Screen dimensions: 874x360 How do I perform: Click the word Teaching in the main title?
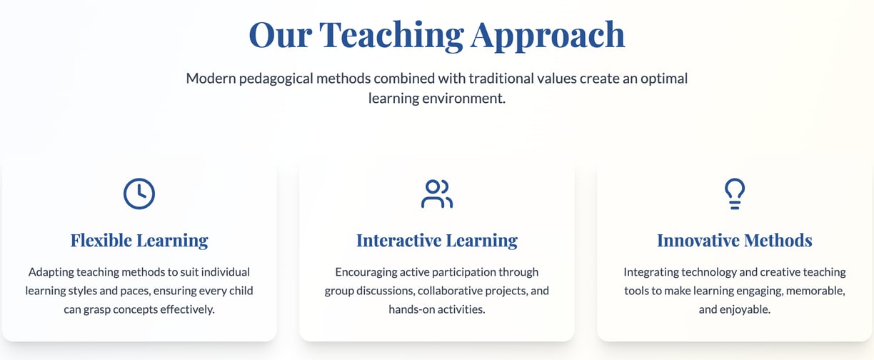[x=391, y=35]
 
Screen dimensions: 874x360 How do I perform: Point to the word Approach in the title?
[x=548, y=35]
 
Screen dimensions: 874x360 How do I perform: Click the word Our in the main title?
[x=280, y=35]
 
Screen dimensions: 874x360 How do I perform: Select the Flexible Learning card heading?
[x=139, y=240]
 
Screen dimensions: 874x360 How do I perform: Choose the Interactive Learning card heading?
[x=437, y=240]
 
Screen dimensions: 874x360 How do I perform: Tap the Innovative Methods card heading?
[x=735, y=240]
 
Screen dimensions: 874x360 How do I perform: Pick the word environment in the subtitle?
[x=463, y=99]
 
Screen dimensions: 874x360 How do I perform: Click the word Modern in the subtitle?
[x=211, y=79]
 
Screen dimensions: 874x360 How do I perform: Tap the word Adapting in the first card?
[x=51, y=272]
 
